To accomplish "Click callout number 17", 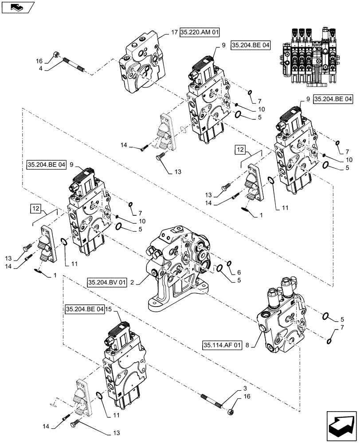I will [x=174, y=32].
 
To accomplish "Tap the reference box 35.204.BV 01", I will [x=107, y=282].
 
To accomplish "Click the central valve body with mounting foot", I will [x=177, y=270].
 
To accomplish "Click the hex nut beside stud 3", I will [x=232, y=412].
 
